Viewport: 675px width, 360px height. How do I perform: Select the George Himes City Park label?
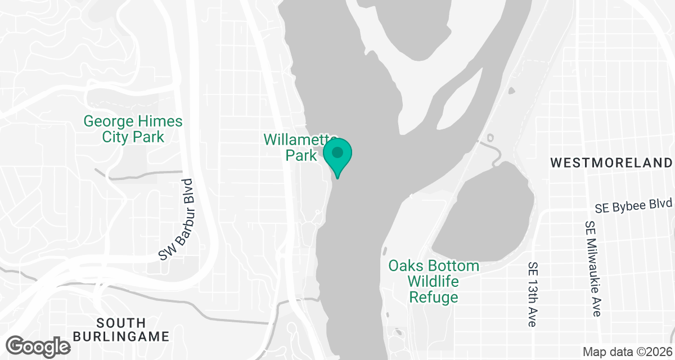pos(133,129)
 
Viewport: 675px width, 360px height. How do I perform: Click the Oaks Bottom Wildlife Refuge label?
pos(434,281)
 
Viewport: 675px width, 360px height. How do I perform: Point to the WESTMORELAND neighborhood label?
pos(611,163)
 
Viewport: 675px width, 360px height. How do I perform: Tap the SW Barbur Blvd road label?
pos(177,220)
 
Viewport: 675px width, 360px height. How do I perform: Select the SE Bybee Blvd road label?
pos(633,205)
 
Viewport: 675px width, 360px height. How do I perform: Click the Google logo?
pos(38,345)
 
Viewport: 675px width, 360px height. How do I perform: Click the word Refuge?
pos(434,297)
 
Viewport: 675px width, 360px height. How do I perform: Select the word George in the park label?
pos(109,121)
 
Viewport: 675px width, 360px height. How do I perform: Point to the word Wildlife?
pos(434,281)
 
